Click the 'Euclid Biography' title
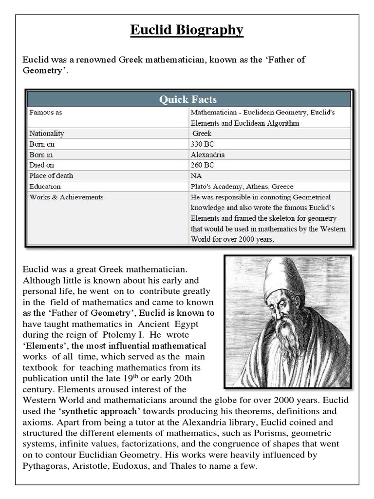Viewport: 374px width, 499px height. pos(187,30)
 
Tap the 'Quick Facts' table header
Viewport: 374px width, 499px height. pos(188,99)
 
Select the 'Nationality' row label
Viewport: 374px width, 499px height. pos(47,133)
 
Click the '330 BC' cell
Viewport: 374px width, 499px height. pos(203,144)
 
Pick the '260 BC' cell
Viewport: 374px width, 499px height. pos(203,165)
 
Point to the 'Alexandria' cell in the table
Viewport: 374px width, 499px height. pos(208,154)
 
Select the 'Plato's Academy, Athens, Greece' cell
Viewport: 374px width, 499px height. pos(242,186)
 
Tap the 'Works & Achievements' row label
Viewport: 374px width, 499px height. pos(66,197)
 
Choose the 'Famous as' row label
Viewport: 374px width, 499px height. pos(46,112)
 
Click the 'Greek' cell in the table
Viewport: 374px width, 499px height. pos(203,133)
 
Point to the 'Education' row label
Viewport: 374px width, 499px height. pos(45,186)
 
